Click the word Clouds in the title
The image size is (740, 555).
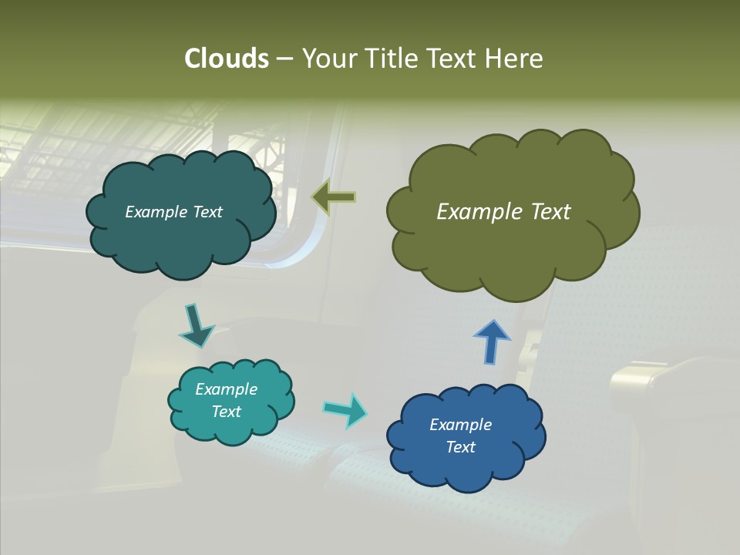226,59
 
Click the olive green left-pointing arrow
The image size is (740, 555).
334,198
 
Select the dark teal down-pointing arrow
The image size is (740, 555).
196,325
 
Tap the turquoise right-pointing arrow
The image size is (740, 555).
345,409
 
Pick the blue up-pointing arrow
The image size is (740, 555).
491,341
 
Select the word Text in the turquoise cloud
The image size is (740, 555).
227,412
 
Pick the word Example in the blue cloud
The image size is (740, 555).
460,425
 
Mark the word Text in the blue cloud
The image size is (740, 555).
460,447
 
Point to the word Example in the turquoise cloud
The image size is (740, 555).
227,389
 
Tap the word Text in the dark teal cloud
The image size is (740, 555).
207,212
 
